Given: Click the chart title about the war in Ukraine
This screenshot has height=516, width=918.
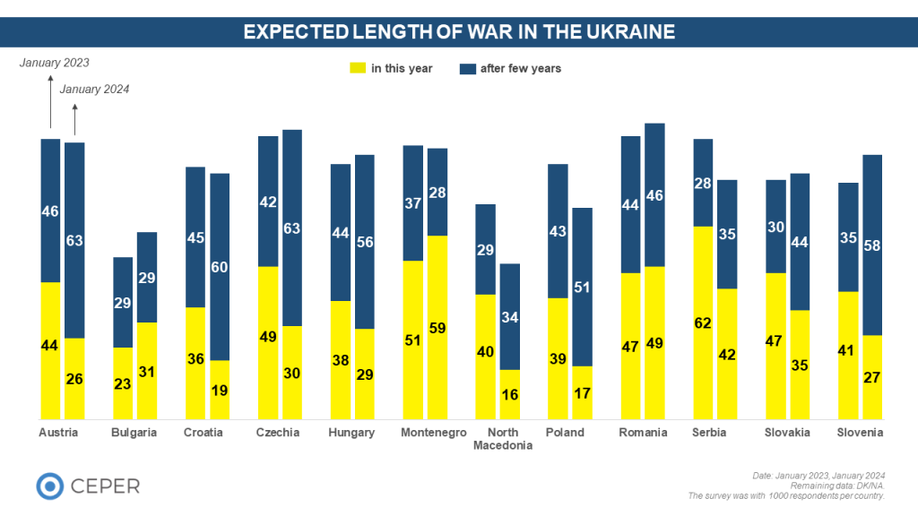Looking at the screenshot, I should (x=459, y=32).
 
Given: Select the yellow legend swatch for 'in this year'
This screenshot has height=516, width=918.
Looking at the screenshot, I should (x=357, y=68).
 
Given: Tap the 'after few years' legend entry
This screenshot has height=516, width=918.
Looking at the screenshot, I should (x=510, y=68).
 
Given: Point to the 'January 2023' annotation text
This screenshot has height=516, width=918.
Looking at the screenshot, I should (x=55, y=63).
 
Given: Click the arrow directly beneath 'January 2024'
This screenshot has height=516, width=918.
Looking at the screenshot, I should (x=74, y=116).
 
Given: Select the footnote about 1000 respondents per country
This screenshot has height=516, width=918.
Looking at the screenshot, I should (x=785, y=495).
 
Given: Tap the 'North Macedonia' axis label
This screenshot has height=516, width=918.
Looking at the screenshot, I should (x=498, y=439).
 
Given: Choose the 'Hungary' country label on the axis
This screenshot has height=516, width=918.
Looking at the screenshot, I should (x=352, y=433).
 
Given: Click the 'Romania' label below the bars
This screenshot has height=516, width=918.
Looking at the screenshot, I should (x=643, y=433).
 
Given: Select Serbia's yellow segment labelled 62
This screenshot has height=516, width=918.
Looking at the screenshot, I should (x=704, y=322).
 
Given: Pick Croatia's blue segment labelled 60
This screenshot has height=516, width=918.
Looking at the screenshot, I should (x=220, y=267).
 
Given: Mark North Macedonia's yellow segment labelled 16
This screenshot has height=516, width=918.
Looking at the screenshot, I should (x=509, y=394).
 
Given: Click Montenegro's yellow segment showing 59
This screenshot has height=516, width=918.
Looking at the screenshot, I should (x=437, y=327).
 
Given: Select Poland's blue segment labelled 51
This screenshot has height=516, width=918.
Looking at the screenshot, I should (x=582, y=287).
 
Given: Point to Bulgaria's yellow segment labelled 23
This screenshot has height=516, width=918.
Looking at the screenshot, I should (x=123, y=383).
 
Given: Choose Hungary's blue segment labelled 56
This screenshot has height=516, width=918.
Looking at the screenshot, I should (x=365, y=242).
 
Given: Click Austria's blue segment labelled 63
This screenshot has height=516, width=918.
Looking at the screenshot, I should (x=74, y=240).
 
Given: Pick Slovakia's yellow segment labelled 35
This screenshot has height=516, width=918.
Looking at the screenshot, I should (x=800, y=365).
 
